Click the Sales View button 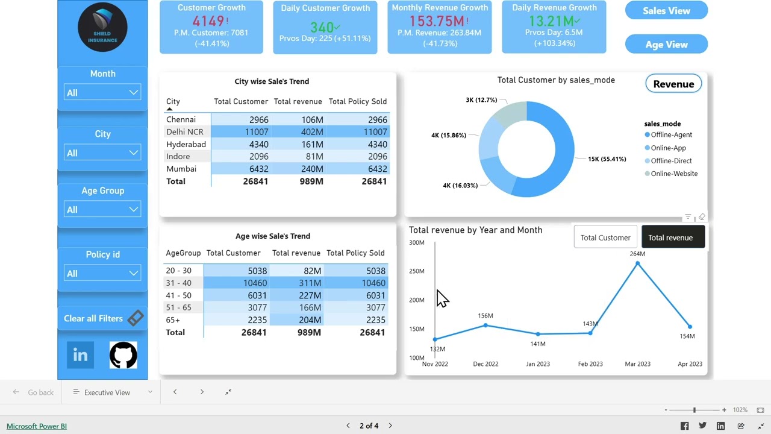(666, 10)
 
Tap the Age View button (666, 44)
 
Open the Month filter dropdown (102, 92)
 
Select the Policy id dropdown (102, 273)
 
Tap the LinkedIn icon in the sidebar (80, 355)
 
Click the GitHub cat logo (123, 355)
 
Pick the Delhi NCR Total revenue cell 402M (312, 131)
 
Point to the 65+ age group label (173, 319)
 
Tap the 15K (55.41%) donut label (607, 159)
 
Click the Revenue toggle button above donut (673, 84)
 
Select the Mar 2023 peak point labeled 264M (637, 263)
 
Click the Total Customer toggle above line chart (605, 237)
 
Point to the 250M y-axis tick (417, 271)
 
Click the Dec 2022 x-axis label (485, 363)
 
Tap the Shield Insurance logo (102, 27)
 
